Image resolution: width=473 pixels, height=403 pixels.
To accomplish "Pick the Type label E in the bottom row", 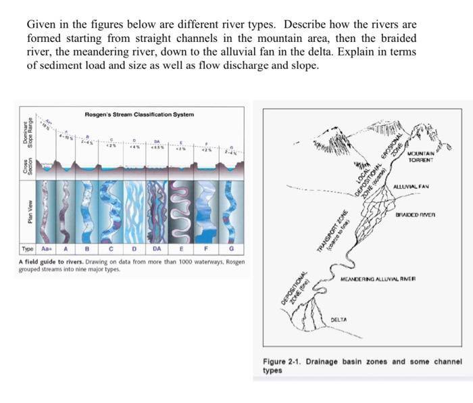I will point(182,248).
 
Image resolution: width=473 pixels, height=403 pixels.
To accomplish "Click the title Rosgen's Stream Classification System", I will point(139,114).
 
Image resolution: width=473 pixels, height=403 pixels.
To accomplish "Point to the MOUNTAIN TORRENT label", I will point(421,156).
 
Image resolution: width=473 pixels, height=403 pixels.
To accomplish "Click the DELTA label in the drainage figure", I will point(339,318).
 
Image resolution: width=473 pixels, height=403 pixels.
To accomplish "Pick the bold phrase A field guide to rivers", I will point(51,262).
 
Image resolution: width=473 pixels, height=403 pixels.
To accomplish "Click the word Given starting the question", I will point(39,25).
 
